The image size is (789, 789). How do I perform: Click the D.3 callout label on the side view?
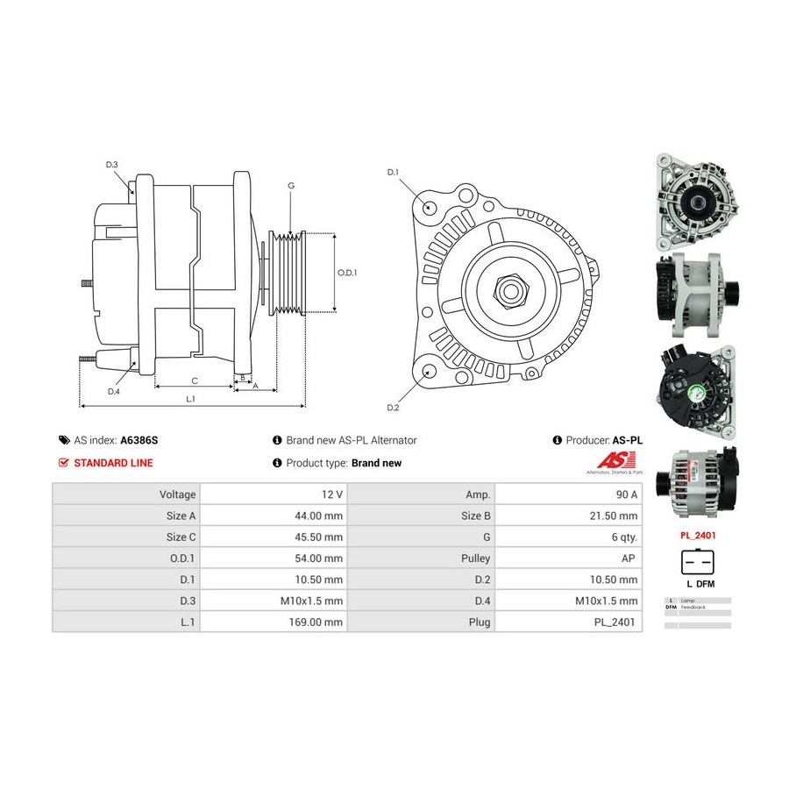[111, 165]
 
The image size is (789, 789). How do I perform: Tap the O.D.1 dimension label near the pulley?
[347, 273]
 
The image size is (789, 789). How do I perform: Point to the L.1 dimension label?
[190, 400]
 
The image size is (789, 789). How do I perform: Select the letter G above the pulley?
[290, 185]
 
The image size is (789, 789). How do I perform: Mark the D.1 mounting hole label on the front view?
[393, 172]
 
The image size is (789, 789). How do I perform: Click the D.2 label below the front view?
[393, 408]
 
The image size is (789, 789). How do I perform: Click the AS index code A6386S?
[146, 440]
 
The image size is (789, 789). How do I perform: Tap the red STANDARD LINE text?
[113, 463]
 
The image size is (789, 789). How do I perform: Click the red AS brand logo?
[610, 460]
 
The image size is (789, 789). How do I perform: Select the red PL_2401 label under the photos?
[698, 533]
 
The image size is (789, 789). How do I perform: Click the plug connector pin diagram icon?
[698, 561]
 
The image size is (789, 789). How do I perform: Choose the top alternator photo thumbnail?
[697, 201]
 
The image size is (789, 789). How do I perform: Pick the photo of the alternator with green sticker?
[697, 394]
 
